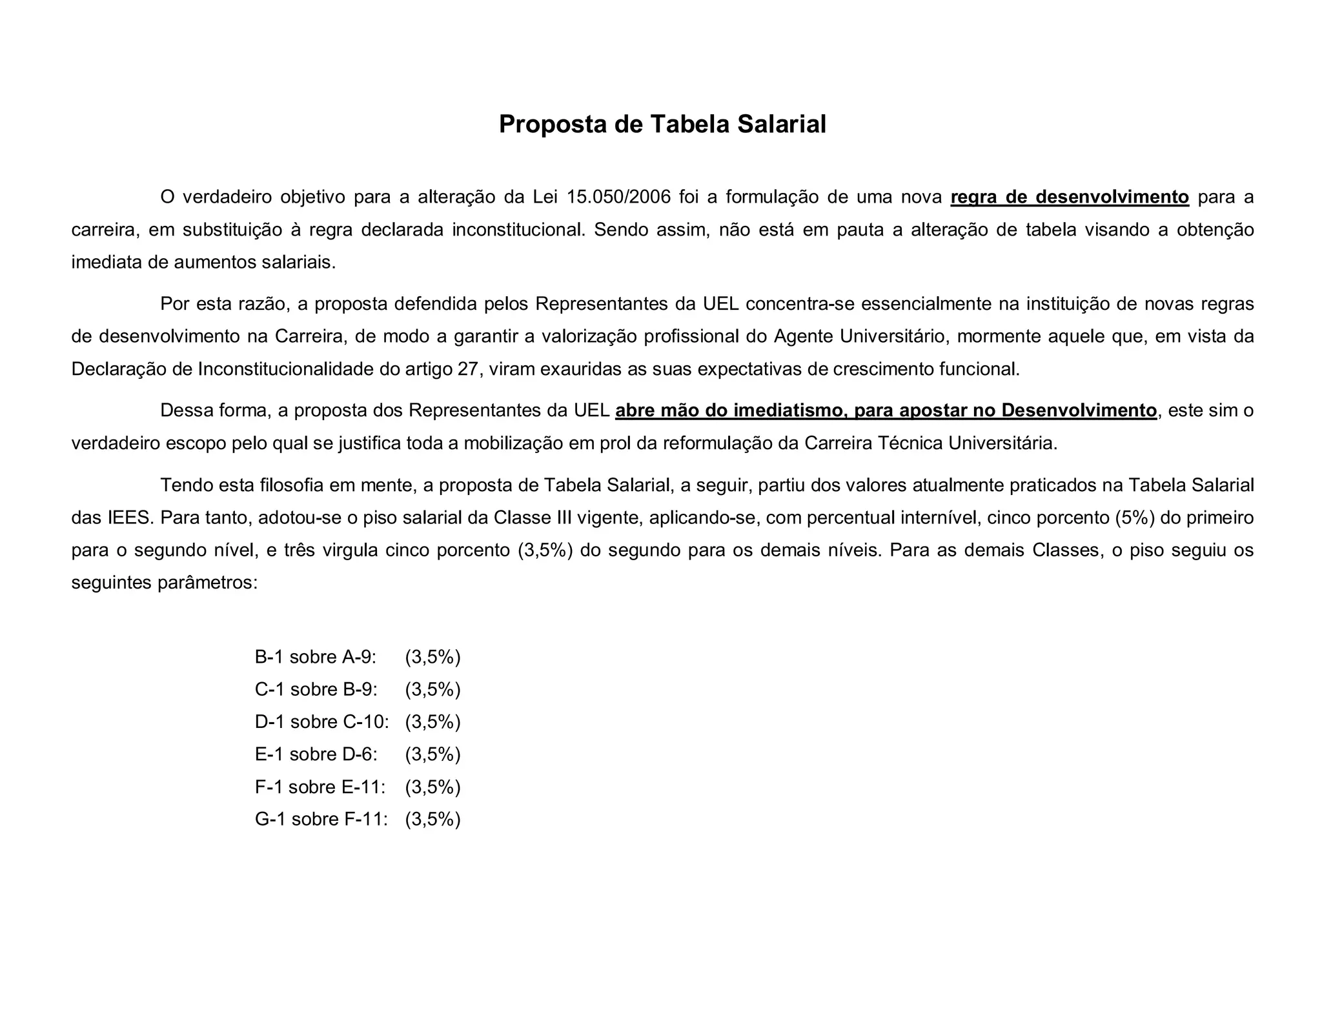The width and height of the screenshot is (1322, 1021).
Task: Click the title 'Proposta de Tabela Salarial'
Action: (662, 125)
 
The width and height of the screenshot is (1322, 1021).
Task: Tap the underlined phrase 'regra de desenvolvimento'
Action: (1069, 197)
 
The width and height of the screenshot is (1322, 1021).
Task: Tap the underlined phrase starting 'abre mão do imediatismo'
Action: (886, 410)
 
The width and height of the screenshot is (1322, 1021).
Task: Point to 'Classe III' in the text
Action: (533, 518)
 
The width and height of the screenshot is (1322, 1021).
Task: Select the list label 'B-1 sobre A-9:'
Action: (316, 657)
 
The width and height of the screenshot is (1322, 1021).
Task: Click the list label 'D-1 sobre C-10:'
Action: (322, 722)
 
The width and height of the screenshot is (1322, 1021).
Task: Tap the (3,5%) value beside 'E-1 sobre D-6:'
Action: (432, 754)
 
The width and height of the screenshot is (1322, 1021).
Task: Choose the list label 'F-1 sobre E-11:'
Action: (320, 787)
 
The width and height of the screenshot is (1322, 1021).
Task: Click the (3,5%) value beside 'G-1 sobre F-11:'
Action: (432, 819)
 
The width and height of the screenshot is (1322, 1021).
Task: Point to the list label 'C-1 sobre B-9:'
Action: (316, 689)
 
